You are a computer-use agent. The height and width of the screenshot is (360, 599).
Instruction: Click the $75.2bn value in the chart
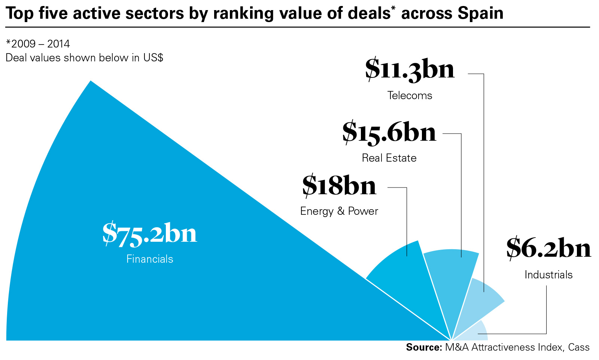150,234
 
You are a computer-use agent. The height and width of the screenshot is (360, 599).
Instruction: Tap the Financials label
150,259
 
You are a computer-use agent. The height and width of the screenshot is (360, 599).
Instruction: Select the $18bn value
339,186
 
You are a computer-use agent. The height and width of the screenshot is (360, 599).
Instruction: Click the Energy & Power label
339,211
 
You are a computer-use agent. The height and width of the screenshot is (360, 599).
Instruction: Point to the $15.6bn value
389,132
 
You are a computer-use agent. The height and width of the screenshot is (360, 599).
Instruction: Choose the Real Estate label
389,158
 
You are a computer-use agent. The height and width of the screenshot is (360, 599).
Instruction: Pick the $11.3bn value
410,69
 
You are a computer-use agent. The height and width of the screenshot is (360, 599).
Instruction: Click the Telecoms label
410,95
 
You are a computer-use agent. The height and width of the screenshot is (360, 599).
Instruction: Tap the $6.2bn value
548,248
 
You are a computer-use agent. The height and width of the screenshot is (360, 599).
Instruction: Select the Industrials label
548,275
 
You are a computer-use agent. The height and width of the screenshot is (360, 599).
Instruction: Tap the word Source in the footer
424,347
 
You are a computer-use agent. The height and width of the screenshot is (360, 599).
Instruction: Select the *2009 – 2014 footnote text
38,44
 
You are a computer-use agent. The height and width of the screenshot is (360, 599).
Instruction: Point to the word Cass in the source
579,347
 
